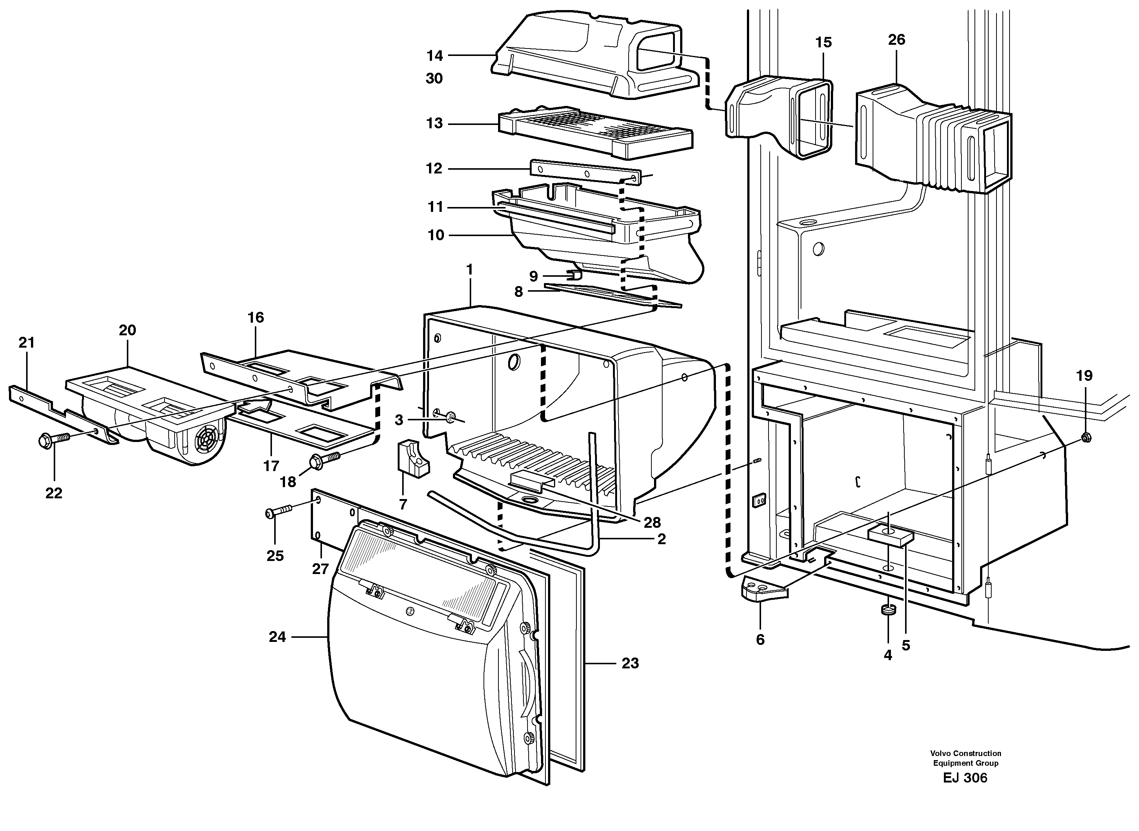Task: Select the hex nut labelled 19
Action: point(1085,437)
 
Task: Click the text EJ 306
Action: point(965,778)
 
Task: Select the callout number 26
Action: point(897,40)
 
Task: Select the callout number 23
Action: point(630,664)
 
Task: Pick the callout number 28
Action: point(652,522)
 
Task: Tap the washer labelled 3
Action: point(450,415)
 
